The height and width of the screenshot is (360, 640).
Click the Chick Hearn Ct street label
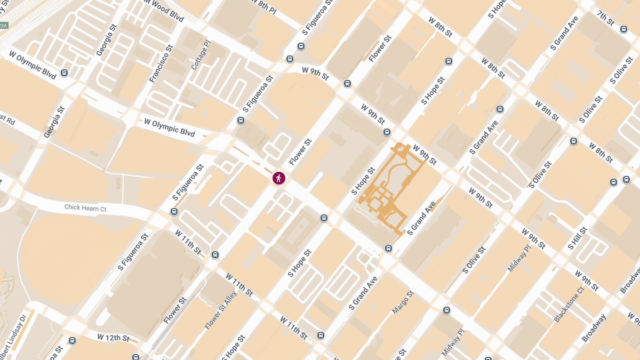click(85, 208)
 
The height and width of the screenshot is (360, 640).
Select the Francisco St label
click(162, 64)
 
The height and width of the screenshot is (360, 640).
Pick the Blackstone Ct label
click(569, 304)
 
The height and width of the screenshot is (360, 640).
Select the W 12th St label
click(113, 338)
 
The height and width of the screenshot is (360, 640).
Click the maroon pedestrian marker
click(279, 178)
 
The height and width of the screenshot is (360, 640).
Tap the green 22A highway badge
click(4, 25)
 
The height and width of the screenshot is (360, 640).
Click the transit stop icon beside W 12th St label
click(73, 340)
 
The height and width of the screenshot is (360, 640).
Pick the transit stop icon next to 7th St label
click(624, 29)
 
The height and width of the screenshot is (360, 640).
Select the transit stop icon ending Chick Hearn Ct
click(174, 212)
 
